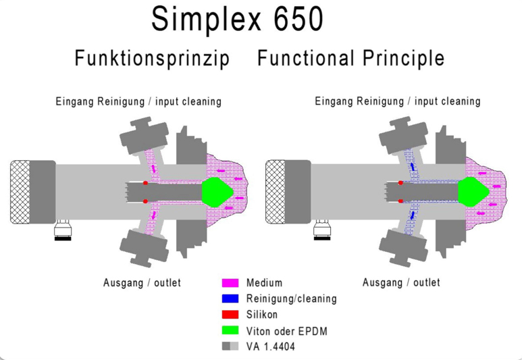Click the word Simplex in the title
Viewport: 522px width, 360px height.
(x=205, y=20)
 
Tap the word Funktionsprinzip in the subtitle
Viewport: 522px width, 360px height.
(x=152, y=59)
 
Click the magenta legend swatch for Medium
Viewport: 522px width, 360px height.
(x=231, y=283)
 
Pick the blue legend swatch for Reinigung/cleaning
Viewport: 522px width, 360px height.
(x=231, y=299)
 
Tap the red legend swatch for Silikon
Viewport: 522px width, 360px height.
(x=231, y=314)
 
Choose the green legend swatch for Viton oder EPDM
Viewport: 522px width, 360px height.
(x=231, y=330)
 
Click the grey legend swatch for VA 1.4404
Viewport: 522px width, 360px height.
(x=231, y=346)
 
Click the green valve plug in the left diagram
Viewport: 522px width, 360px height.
(x=217, y=191)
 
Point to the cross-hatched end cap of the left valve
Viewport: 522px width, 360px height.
(x=20, y=192)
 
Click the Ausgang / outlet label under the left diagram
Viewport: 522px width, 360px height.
(x=142, y=282)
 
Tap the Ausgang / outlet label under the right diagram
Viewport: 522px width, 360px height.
(x=401, y=282)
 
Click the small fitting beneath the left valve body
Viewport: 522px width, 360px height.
(x=65, y=230)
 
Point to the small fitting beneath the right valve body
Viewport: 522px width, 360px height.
(x=321, y=230)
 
